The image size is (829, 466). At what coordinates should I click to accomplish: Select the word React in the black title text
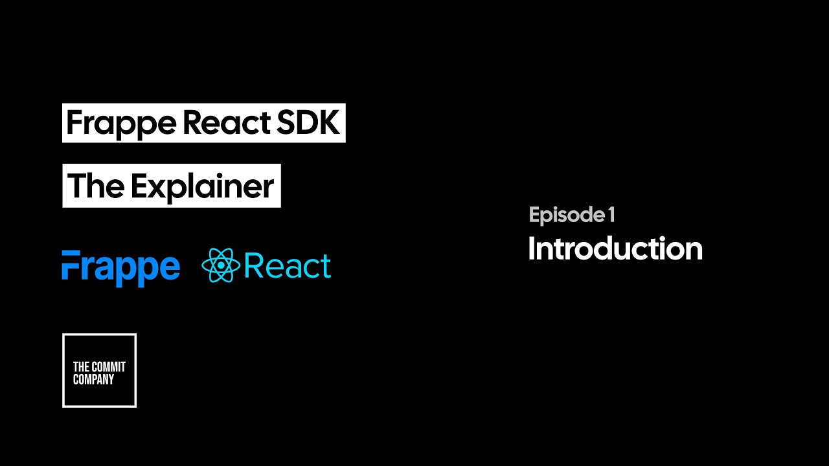coord(227,122)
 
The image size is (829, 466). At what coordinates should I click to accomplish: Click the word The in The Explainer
coord(96,185)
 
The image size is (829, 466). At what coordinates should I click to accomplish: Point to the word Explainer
coord(203,188)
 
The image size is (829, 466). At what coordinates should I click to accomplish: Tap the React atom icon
coord(221,265)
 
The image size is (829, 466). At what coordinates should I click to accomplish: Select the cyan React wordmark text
coord(288,265)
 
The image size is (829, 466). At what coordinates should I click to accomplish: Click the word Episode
coord(567,216)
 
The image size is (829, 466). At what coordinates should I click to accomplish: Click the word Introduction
coord(616,248)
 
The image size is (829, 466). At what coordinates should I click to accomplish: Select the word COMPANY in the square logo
coord(93,379)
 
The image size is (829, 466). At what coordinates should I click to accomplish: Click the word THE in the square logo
coord(81,367)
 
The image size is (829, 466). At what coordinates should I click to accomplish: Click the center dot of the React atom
coord(221,265)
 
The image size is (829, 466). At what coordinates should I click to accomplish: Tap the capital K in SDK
coord(328,122)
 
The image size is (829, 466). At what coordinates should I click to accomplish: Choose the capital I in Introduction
coord(532,248)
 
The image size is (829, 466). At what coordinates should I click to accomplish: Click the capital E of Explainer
coord(139,185)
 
